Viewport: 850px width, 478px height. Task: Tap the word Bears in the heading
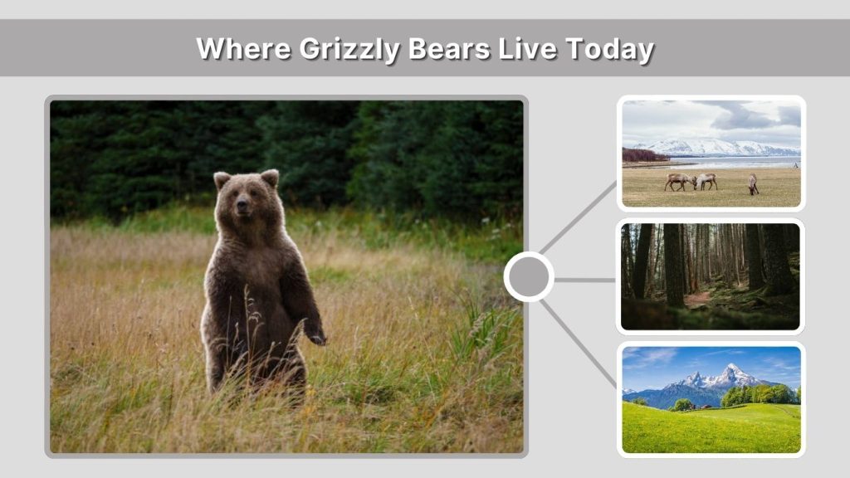point(449,48)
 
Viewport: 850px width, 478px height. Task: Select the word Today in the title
point(609,48)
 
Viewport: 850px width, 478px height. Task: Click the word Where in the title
point(243,48)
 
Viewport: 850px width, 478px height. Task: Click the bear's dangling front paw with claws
point(316,337)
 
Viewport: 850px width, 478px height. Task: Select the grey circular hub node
point(528,277)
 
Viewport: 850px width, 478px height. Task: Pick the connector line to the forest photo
point(584,280)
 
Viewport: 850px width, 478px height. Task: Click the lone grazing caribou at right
point(753,183)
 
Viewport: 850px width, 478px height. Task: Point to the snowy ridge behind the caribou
point(714,147)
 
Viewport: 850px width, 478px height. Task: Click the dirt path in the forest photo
point(697,298)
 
